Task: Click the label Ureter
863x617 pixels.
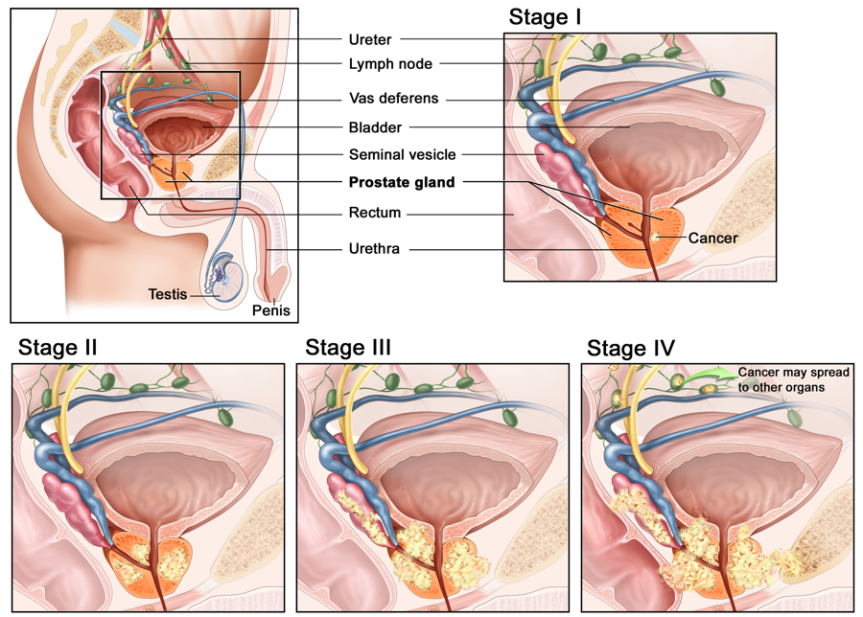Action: click(x=370, y=39)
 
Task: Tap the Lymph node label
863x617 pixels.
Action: click(x=390, y=64)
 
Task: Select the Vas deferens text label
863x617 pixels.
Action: click(x=393, y=99)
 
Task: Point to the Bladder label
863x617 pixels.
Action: click(x=375, y=127)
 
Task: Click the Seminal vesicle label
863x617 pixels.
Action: click(x=403, y=154)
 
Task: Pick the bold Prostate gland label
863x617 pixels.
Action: click(x=402, y=182)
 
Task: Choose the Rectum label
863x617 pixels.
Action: click(x=375, y=213)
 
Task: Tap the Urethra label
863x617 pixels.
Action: click(x=374, y=249)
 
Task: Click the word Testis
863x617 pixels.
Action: click(x=167, y=294)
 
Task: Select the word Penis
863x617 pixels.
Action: click(x=270, y=310)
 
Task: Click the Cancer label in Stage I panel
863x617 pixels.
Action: click(x=712, y=239)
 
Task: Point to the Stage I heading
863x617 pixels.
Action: click(x=545, y=17)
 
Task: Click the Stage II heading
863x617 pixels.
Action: click(x=58, y=348)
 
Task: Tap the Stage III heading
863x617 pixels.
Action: click(x=348, y=348)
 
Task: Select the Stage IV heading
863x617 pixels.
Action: click(x=631, y=348)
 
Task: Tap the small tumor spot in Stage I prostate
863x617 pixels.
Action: click(x=656, y=239)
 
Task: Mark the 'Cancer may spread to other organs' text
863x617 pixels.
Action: click(x=794, y=379)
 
